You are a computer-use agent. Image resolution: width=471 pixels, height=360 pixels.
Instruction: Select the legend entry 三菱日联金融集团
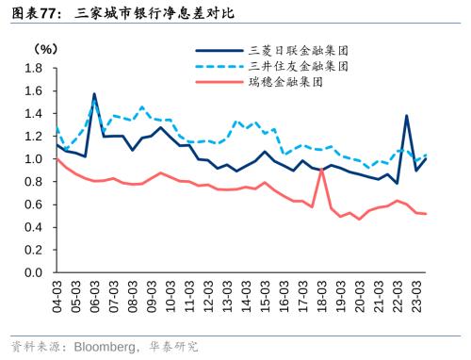click(x=299, y=50)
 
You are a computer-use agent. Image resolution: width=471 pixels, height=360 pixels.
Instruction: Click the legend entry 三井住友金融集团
click(x=299, y=66)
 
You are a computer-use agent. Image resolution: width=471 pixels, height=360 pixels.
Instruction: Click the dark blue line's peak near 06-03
click(x=94, y=93)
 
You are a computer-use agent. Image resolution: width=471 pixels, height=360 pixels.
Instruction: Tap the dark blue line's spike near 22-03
click(x=406, y=116)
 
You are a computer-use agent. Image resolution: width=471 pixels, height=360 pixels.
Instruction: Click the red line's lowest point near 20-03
click(x=359, y=220)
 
